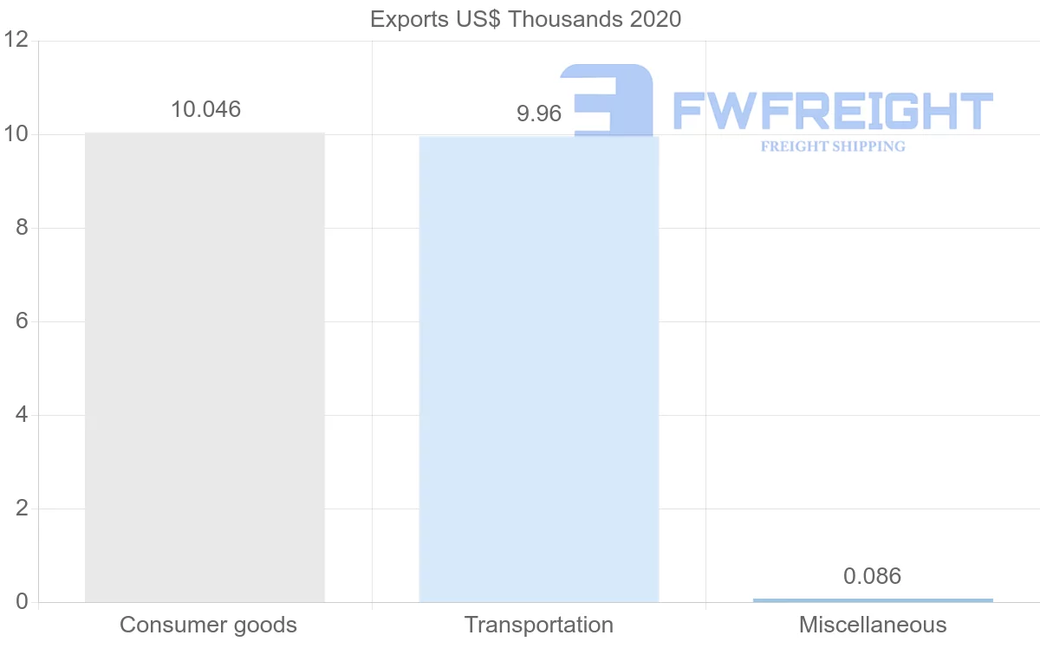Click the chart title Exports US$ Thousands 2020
(x=525, y=19)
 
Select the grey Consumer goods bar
(x=205, y=367)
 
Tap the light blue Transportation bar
(x=538, y=369)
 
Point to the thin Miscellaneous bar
(x=873, y=599)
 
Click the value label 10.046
(x=205, y=110)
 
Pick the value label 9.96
(x=539, y=113)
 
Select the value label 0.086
(x=873, y=576)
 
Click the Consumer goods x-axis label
(x=208, y=625)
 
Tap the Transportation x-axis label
(x=538, y=625)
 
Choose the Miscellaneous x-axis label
(x=873, y=625)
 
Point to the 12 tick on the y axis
(x=16, y=41)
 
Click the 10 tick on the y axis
(x=16, y=134)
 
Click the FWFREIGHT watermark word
(x=833, y=111)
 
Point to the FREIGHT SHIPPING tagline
(x=833, y=146)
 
